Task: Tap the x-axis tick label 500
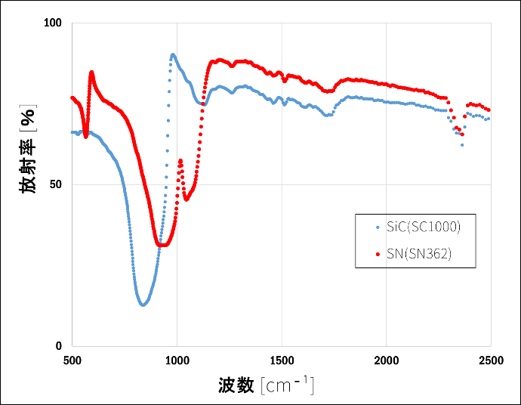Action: click(x=72, y=360)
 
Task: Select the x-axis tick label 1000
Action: click(x=177, y=360)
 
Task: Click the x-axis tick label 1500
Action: click(x=282, y=360)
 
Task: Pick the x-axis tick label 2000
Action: click(x=386, y=360)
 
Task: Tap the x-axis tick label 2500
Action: click(x=490, y=360)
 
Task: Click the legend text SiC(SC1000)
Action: click(x=423, y=227)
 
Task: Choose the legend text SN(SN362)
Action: click(x=419, y=255)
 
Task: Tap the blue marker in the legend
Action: click(x=378, y=227)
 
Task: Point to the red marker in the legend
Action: click(x=378, y=255)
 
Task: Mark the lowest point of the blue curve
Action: click(x=142, y=305)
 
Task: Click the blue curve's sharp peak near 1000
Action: click(x=173, y=54)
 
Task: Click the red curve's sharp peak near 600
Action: click(x=91, y=73)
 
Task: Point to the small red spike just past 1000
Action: click(x=180, y=160)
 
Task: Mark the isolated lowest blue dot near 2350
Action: click(x=462, y=144)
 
